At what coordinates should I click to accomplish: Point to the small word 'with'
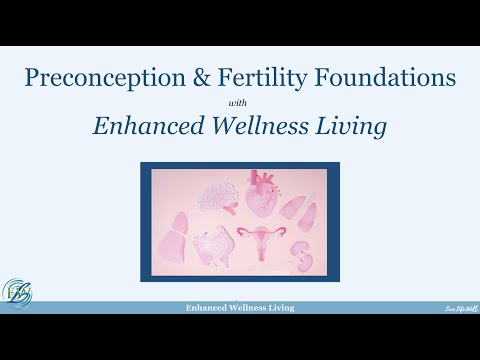239,103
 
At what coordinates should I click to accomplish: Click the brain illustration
214,197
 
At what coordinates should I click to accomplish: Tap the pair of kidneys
301,254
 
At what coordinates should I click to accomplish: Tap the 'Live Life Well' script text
460,310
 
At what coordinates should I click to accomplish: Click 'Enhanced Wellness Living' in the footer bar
239,309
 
